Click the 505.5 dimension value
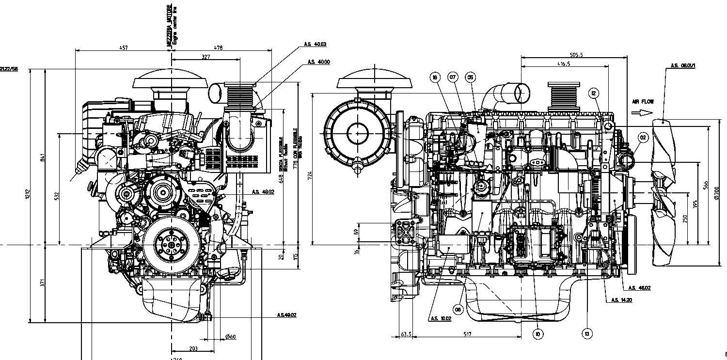576,55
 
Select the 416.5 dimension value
564,63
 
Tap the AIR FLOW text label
643,102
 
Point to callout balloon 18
435,77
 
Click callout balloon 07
453,77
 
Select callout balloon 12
594,93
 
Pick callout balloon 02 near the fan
643,138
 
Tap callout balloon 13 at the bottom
587,333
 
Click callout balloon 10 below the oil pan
537,333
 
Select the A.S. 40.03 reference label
315,44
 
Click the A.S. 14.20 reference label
621,300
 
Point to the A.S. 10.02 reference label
440,318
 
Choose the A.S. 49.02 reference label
286,315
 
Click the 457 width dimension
124,47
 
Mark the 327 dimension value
206,57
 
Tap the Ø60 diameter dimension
231,337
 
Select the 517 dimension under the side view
468,334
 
